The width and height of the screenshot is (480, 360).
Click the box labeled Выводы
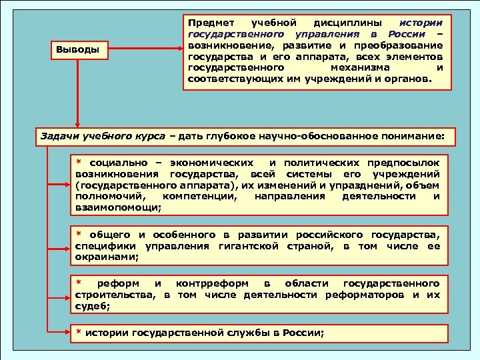[79, 49]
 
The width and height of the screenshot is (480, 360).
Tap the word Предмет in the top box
[209, 22]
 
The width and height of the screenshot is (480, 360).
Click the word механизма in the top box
[360, 67]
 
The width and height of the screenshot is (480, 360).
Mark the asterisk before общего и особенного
[77, 235]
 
